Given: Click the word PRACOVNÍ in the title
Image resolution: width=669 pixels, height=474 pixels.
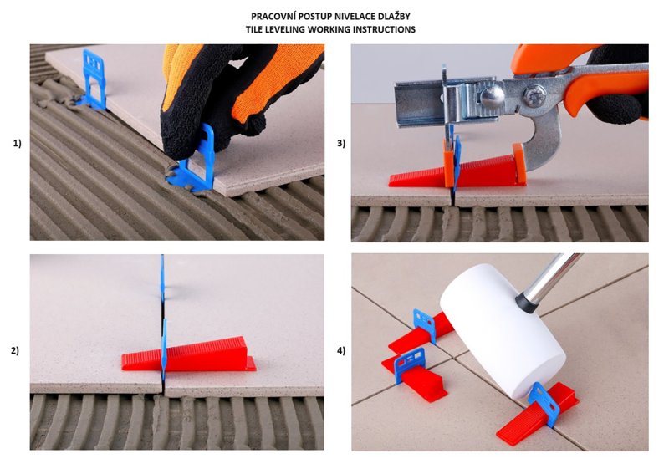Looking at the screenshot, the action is tap(270, 17).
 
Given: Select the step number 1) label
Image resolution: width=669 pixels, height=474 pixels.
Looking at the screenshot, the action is tap(17, 144).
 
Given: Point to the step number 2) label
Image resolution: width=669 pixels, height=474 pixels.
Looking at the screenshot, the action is tap(15, 351).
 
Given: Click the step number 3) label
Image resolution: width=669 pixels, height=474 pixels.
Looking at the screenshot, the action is tap(341, 144).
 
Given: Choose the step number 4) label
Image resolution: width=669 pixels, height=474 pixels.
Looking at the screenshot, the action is tap(341, 351).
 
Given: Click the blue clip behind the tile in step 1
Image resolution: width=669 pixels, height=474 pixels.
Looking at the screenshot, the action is tap(94, 79).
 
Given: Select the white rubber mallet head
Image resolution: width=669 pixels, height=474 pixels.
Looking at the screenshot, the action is tap(503, 332).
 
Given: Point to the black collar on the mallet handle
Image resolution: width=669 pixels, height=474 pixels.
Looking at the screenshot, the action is tap(527, 302).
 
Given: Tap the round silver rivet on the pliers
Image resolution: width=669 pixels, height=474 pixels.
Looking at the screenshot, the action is tap(493, 96).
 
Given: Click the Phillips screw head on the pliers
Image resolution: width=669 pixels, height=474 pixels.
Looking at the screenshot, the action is tap(534, 96).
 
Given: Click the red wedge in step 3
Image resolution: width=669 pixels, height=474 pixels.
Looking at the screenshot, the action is tap(457, 171).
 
